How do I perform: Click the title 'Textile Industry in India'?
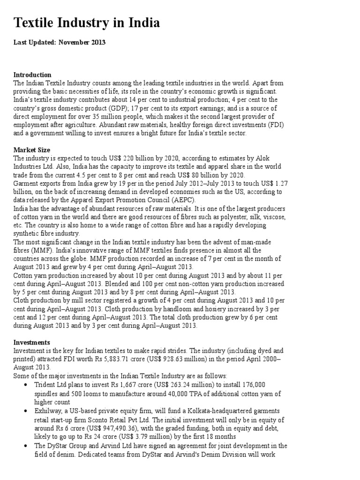(87, 22)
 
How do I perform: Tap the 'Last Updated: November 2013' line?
(60, 43)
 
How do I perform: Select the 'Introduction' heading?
(32, 75)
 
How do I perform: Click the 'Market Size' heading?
(31, 150)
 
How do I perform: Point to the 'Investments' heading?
(32, 343)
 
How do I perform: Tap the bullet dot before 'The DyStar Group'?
(25, 445)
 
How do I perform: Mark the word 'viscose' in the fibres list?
(271, 217)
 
